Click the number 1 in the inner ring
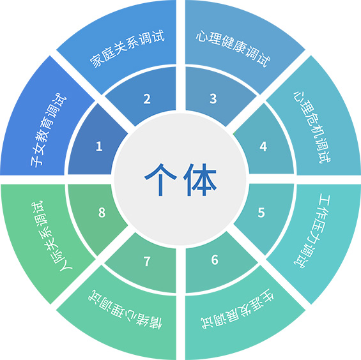click(x=99, y=146)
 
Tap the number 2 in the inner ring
click(x=147, y=99)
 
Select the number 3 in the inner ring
click(x=213, y=98)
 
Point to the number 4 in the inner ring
click(x=263, y=146)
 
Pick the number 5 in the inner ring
click(x=261, y=213)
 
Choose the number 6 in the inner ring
click(x=215, y=260)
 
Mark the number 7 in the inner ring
click(x=147, y=261)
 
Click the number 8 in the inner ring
click(x=102, y=213)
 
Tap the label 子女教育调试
click(x=49, y=130)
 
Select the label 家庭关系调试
click(x=127, y=49)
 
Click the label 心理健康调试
click(x=233, y=49)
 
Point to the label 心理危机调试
click(x=312, y=127)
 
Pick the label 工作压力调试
click(x=312, y=232)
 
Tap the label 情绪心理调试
click(x=125, y=309)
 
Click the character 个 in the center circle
click(x=160, y=179)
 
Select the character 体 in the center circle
click(x=200, y=179)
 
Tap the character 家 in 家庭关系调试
click(x=96, y=61)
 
